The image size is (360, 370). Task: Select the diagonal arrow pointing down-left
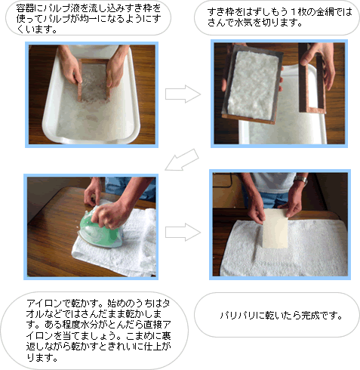point(182,160)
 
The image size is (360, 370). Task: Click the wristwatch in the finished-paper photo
point(301,181)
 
